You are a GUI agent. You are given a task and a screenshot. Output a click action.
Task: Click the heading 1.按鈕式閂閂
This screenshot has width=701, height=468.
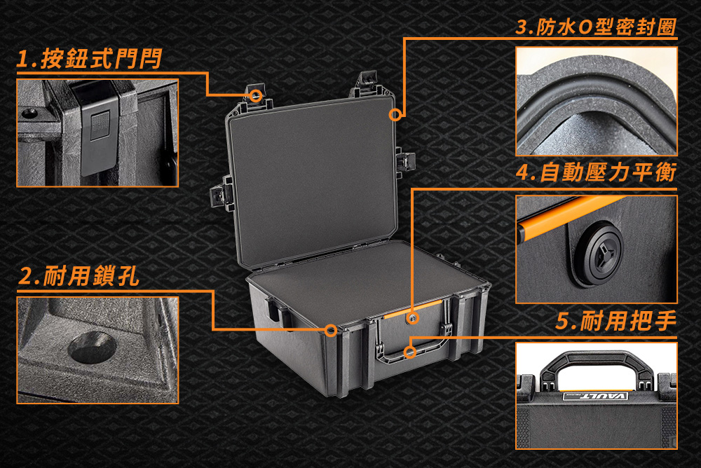click(89, 59)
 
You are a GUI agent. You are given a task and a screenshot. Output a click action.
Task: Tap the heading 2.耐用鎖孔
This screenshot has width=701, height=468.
click(79, 276)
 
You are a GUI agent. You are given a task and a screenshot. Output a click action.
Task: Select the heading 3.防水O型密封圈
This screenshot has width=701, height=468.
click(596, 27)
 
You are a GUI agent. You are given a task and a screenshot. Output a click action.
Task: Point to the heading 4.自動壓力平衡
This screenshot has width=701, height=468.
click(596, 172)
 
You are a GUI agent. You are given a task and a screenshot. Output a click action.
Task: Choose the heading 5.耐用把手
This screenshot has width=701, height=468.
click(616, 321)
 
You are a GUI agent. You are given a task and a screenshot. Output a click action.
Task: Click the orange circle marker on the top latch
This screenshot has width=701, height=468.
click(256, 95)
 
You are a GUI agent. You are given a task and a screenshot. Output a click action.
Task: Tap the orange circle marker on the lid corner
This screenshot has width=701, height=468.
click(395, 115)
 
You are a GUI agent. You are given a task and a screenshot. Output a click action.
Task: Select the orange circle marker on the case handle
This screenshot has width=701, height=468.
click(410, 352)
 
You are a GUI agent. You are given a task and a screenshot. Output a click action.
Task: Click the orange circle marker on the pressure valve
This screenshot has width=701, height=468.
click(412, 318)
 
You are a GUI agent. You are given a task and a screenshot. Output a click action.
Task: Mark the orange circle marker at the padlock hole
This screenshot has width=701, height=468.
click(331, 330)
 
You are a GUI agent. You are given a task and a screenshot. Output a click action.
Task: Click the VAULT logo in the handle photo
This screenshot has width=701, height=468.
click(595, 396)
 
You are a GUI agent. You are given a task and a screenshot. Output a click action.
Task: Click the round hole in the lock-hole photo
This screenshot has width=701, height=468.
click(93, 347)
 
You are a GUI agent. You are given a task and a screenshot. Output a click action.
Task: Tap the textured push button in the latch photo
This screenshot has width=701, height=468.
click(100, 125)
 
